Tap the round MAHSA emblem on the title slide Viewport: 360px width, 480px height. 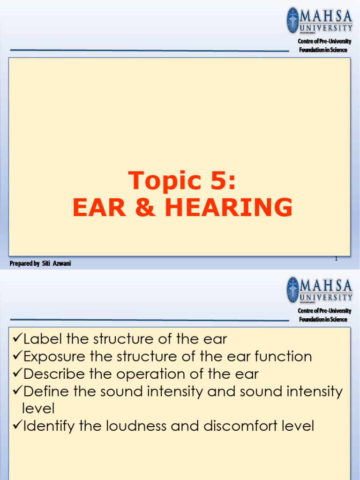pos(292,20)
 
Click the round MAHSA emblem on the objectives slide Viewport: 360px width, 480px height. pos(292,290)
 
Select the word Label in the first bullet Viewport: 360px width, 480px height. pos(43,338)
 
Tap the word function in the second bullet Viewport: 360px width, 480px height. pos(283,356)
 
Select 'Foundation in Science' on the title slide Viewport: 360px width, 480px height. pos(323,50)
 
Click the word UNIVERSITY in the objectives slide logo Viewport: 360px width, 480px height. pos(326,297)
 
